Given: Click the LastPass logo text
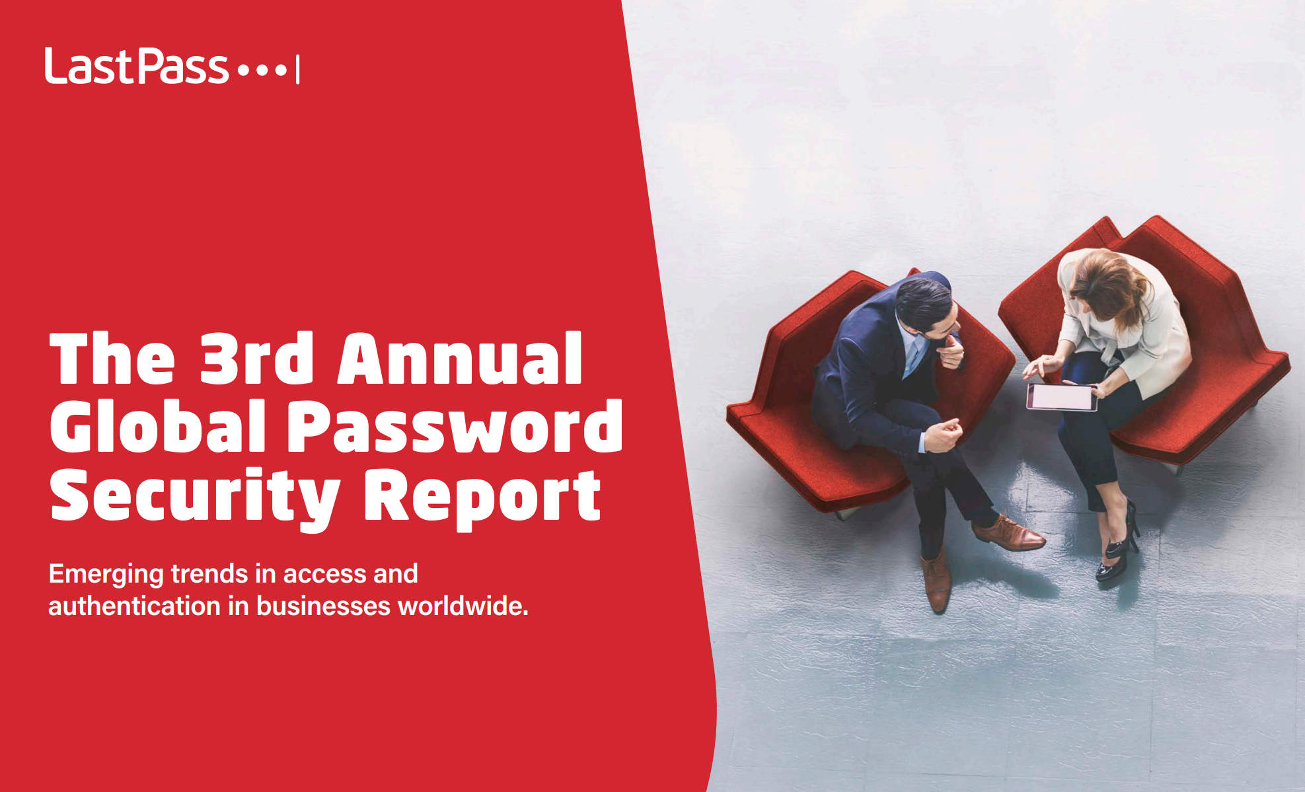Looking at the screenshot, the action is [137, 66].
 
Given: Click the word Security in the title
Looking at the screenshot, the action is [195, 497].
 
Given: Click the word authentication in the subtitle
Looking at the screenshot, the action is [134, 606].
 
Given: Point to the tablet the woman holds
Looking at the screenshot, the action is [1061, 397].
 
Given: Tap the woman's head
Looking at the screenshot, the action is [1110, 284].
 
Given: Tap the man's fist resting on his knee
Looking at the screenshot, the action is [944, 436].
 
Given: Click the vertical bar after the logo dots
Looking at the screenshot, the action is [298, 69].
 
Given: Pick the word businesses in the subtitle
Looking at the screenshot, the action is [324, 606].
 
